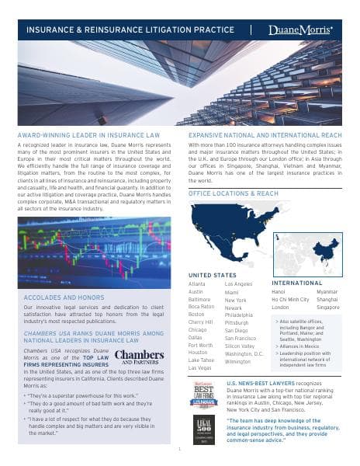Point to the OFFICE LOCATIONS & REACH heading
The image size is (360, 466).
tap(233, 193)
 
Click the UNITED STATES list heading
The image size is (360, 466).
tap(212, 275)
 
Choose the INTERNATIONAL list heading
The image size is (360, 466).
tap(296, 283)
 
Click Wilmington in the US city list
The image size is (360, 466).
tap(238, 361)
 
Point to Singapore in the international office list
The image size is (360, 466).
tap(328, 308)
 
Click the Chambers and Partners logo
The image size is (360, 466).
tap(139, 356)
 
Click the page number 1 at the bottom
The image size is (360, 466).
tap(178, 448)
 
